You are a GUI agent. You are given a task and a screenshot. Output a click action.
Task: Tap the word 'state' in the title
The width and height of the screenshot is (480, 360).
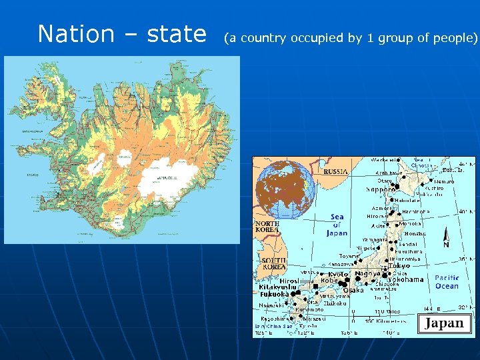tap(176, 33)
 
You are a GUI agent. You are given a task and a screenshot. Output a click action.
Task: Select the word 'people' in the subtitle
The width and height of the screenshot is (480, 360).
tap(453, 38)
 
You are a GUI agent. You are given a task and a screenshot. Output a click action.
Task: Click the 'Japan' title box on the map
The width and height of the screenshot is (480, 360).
tap(444, 324)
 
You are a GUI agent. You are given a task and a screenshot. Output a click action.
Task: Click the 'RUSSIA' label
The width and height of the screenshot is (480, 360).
tap(336, 171)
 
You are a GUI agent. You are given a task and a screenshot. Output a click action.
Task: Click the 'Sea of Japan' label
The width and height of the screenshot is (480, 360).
tap(337, 225)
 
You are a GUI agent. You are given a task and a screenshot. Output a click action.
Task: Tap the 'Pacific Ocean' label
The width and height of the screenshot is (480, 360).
tap(447, 281)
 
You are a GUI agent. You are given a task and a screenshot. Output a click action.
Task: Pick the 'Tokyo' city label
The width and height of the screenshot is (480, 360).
tap(399, 266)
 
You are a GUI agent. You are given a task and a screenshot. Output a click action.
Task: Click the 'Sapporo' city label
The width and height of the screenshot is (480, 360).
tap(381, 189)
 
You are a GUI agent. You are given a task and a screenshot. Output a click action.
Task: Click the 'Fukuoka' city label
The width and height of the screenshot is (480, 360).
tap(274, 294)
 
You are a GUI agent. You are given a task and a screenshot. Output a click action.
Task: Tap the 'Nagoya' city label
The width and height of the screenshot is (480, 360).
tap(367, 273)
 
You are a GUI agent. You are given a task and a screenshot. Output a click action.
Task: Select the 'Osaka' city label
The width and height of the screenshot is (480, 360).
tap(353, 290)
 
